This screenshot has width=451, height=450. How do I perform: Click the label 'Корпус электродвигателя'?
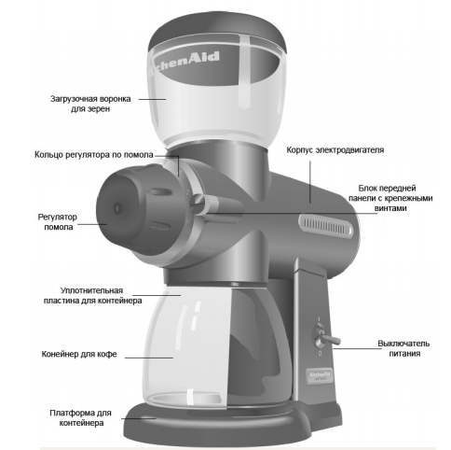(335, 150)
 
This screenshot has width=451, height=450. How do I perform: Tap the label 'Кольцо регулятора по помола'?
(94, 155)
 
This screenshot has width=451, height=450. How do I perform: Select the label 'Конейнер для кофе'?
(79, 354)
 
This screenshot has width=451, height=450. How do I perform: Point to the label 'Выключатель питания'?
(404, 348)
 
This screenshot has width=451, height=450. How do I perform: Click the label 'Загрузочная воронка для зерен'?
(90, 104)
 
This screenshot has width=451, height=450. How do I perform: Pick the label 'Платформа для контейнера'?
(81, 418)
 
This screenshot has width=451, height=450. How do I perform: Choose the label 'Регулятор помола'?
(58, 222)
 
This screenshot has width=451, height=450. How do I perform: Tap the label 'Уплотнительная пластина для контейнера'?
(92, 296)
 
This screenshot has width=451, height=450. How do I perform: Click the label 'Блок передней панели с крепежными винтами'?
(390, 198)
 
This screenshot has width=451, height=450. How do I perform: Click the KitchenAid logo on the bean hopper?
(185, 63)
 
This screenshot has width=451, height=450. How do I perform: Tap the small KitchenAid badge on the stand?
(320, 375)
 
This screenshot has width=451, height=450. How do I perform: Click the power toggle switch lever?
(331, 339)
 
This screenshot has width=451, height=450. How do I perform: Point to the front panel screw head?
(197, 204)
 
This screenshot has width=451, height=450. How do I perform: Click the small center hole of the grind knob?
(117, 208)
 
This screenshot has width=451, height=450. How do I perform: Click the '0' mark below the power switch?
(320, 354)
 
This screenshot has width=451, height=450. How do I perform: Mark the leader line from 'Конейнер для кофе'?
(149, 358)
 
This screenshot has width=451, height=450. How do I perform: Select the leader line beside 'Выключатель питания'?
(357, 348)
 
